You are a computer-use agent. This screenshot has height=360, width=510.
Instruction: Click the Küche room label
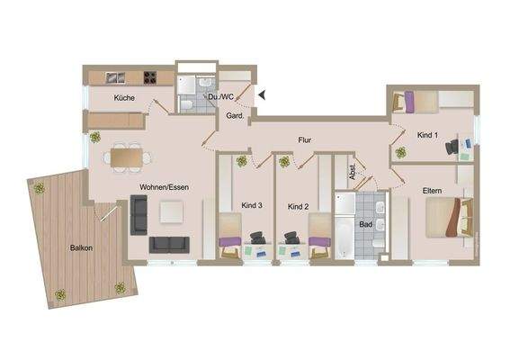pyautogui.click(x=125, y=97)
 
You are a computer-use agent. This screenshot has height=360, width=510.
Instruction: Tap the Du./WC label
pyautogui.click(x=221, y=97)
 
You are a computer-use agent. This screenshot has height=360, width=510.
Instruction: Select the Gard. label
pyautogui.click(x=236, y=117)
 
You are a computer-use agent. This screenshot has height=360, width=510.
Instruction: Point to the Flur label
pyautogui.click(x=307, y=140)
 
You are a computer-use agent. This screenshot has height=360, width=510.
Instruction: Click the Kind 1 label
pyautogui.click(x=428, y=134)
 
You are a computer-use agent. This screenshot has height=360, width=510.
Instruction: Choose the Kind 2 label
pyautogui.click(x=299, y=206)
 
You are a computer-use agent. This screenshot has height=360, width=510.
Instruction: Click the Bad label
pyautogui.click(x=365, y=224)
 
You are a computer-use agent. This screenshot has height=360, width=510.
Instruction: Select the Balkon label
pyautogui.click(x=81, y=247)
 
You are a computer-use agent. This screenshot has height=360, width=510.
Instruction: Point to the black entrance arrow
pyautogui.click(x=263, y=92)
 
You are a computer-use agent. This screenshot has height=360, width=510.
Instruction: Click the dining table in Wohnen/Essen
pyautogui.click(x=127, y=156)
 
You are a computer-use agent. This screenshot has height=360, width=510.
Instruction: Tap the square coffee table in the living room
pyautogui.click(x=171, y=211)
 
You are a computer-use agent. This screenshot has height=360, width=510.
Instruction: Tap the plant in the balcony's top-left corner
pyautogui.click(x=39, y=188)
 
